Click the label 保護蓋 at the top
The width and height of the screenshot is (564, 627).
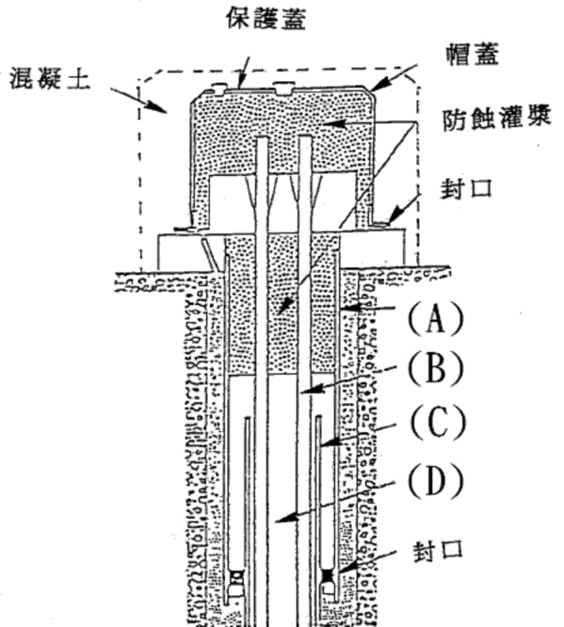click(266, 19)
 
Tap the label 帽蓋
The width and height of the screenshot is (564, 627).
click(473, 54)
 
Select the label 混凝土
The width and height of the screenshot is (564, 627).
click(50, 78)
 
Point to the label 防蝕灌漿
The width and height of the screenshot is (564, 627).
click(497, 118)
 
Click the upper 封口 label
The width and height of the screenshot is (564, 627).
click(466, 188)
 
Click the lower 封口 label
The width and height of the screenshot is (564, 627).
click(438, 551)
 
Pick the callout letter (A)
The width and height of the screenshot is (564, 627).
click(436, 318)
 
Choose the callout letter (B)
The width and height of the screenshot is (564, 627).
click(436, 369)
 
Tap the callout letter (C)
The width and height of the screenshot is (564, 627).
click(437, 421)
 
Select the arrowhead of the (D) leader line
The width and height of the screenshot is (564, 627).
click(284, 518)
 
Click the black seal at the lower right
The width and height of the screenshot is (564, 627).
click(328, 576)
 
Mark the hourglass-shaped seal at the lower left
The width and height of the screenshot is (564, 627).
click(237, 577)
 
